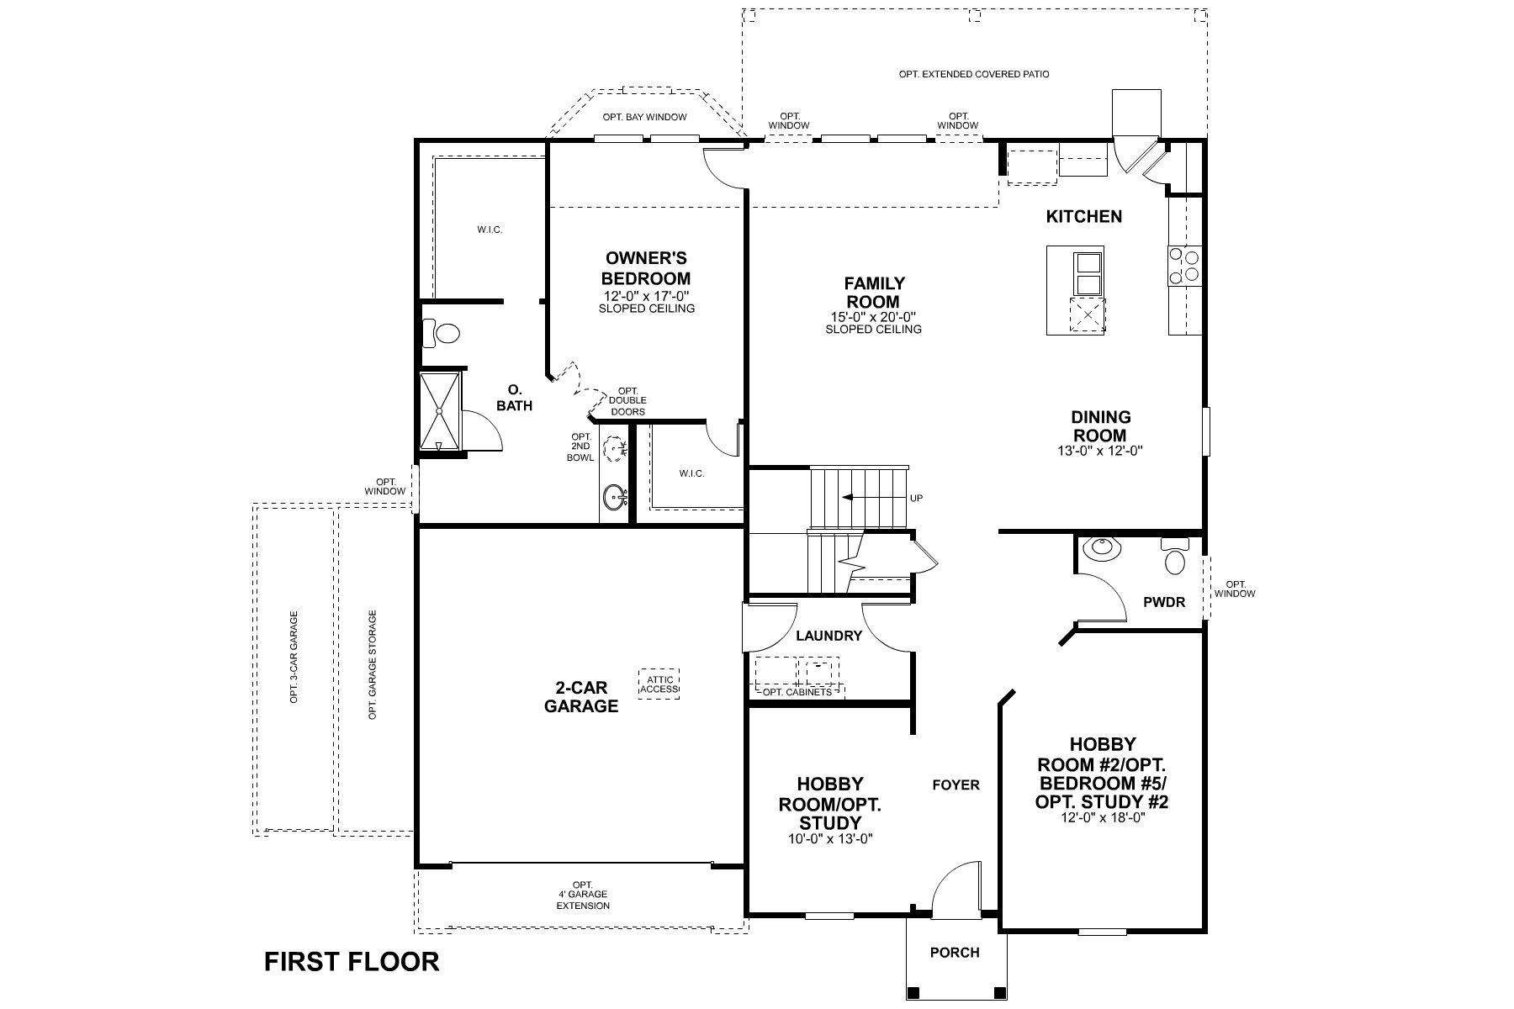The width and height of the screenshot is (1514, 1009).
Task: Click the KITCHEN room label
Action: [x=1083, y=216]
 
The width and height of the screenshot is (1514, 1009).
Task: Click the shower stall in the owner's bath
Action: [x=441, y=412]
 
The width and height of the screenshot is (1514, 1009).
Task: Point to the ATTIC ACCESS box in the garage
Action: [x=659, y=683]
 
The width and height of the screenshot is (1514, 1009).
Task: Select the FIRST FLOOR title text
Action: [x=352, y=961]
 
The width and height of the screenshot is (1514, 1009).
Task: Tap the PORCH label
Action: [x=955, y=952]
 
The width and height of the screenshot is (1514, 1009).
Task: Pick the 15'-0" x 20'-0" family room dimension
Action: [x=873, y=317]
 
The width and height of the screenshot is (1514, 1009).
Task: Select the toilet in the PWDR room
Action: [x=1174, y=557]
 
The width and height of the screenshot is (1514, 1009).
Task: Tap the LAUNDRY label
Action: [x=829, y=636]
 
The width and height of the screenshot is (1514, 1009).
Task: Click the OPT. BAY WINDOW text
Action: [x=644, y=117]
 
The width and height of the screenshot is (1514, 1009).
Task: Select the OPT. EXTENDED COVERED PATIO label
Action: [x=973, y=74]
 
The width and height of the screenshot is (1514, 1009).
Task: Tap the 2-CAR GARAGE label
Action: [x=580, y=696]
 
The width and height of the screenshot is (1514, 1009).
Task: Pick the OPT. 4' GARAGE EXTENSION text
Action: [x=582, y=895]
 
